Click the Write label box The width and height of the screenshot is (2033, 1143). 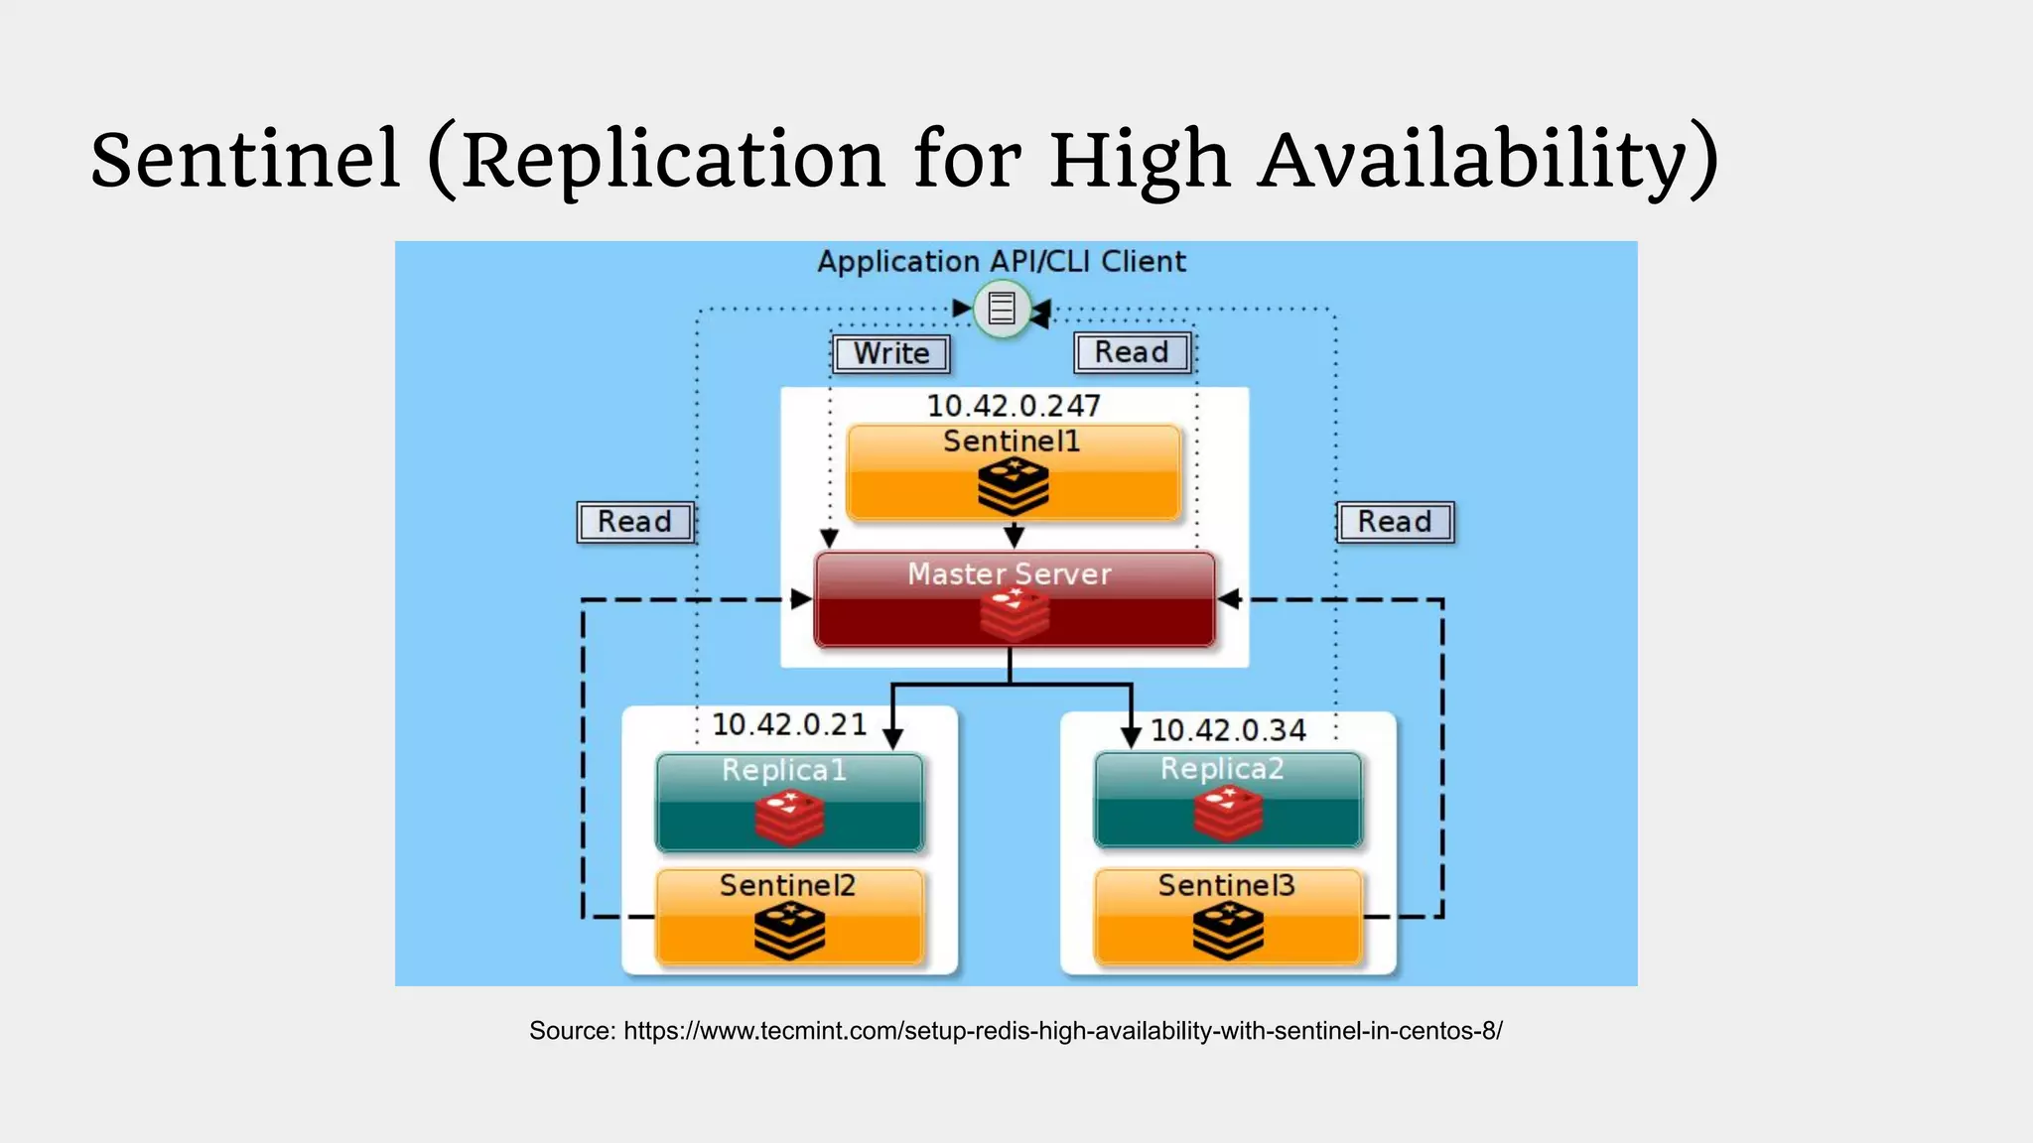[891, 353]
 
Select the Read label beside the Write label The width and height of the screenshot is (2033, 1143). [1132, 352]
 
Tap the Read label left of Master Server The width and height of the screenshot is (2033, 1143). [635, 522]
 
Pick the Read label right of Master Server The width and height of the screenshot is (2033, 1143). [1395, 522]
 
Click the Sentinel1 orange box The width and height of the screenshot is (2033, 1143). [1013, 472]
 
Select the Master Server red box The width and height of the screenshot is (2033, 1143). [1014, 600]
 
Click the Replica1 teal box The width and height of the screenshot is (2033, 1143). [789, 802]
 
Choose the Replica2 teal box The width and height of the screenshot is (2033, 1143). [1228, 800]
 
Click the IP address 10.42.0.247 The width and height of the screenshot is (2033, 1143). [1014, 406]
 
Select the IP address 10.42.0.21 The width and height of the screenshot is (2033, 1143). [789, 725]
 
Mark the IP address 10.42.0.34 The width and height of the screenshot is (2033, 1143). [1228, 730]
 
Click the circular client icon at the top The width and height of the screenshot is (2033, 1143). [1002, 309]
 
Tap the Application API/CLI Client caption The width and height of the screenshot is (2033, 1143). [1002, 262]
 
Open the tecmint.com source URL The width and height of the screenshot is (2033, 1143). [1062, 1031]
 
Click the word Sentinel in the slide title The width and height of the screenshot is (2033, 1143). [245, 159]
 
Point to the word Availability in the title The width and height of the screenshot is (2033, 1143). [1487, 159]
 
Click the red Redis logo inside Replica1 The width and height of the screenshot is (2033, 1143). [789, 818]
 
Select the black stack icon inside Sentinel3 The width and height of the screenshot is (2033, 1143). [1228, 932]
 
